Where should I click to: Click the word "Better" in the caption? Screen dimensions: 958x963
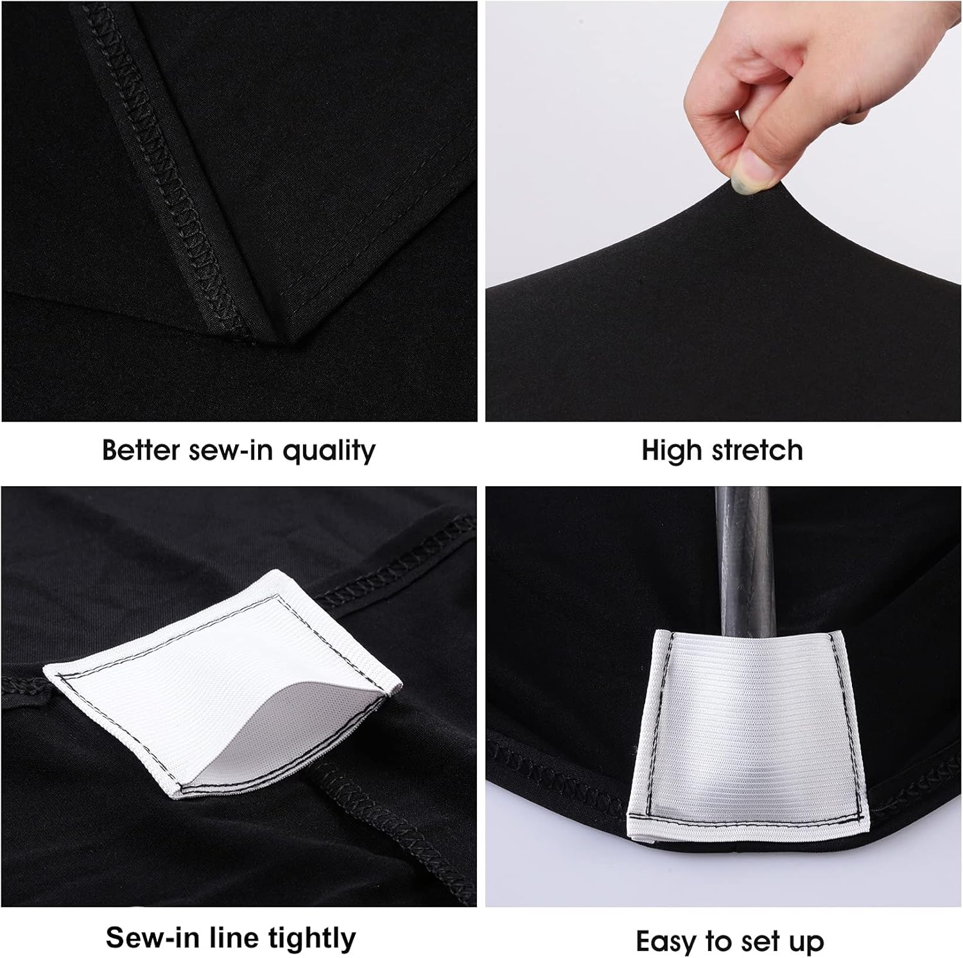click(x=141, y=450)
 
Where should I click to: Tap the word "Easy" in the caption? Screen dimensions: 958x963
click(x=666, y=942)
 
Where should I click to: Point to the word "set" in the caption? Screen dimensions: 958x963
click(x=752, y=942)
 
